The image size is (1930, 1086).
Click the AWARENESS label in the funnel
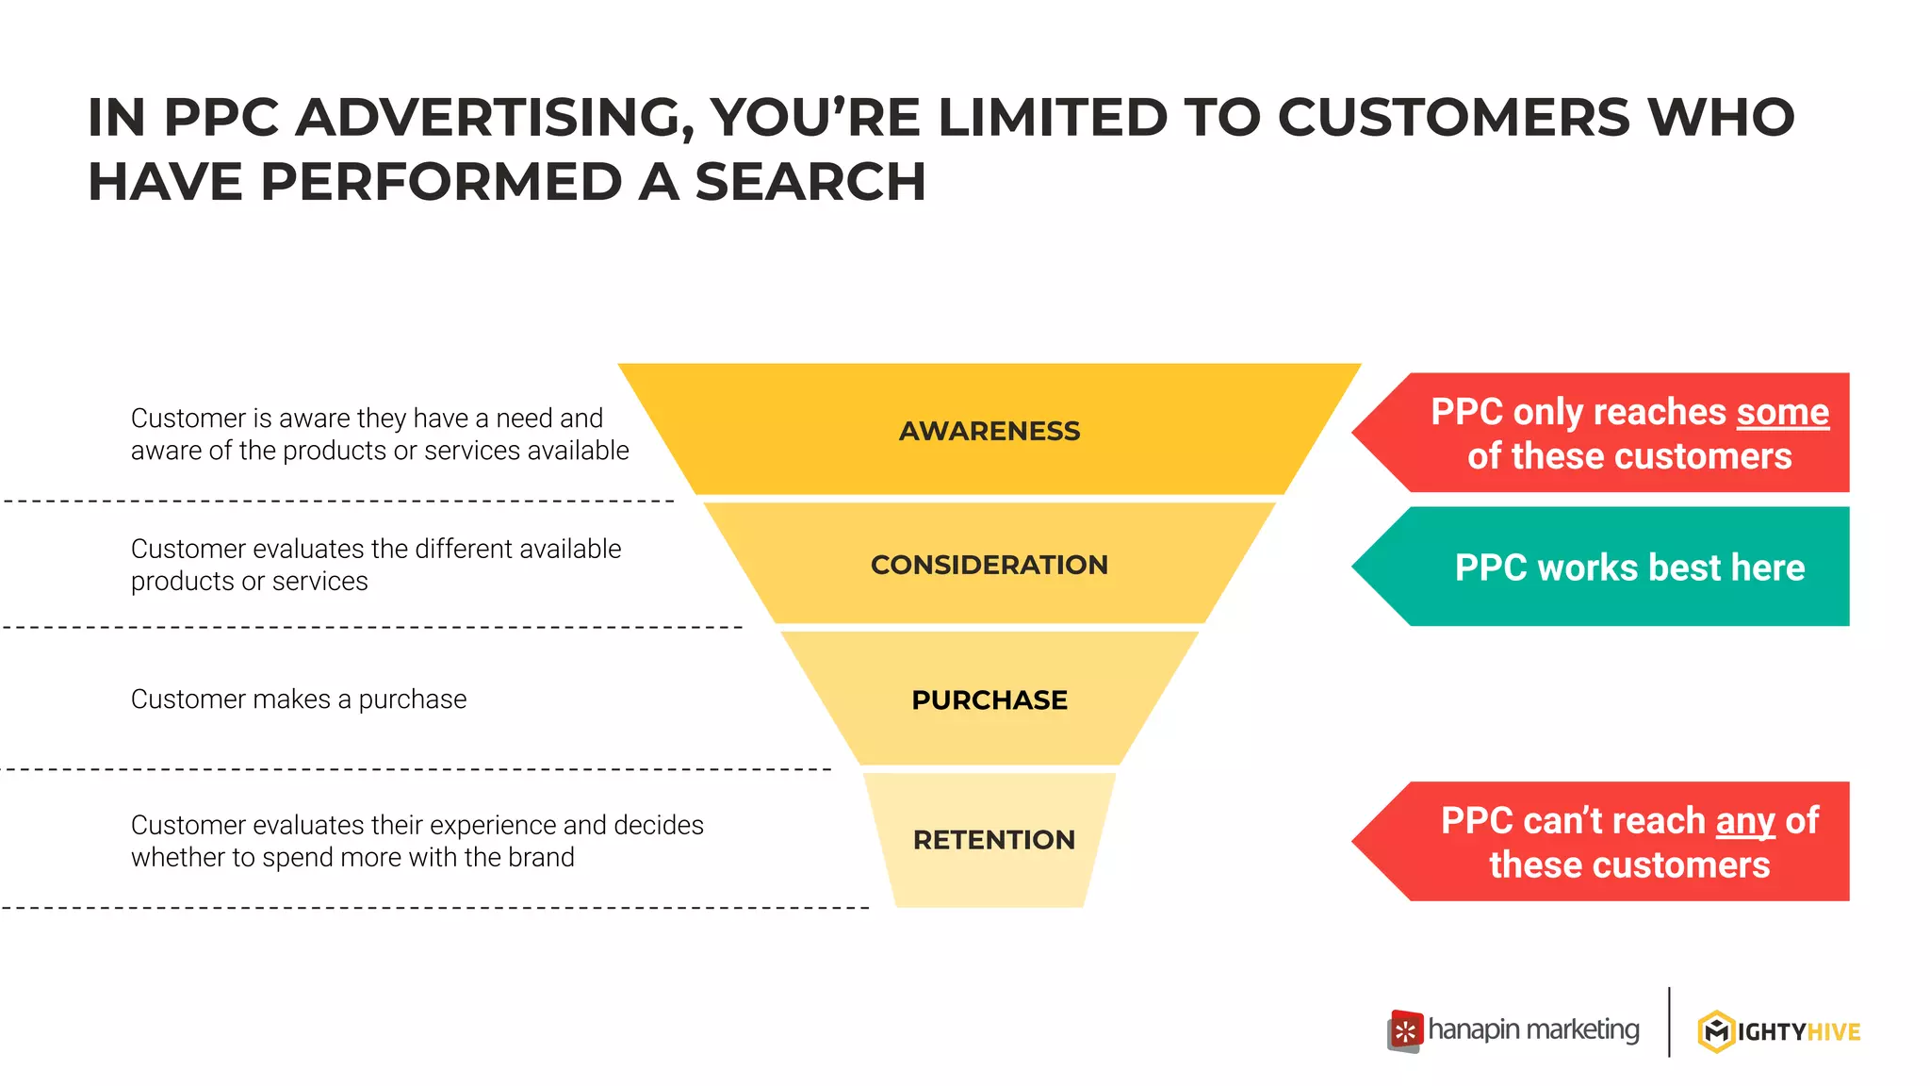(x=990, y=431)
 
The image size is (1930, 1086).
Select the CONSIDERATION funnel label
(x=990, y=565)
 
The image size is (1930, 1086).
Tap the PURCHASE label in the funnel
(x=990, y=700)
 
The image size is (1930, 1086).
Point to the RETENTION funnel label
(x=993, y=840)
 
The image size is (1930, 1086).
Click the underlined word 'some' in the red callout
(x=1782, y=413)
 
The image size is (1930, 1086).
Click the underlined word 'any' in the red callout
(x=1744, y=821)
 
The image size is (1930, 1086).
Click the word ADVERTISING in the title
(x=494, y=118)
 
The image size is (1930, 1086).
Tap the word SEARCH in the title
(x=810, y=182)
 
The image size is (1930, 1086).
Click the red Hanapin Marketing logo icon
(x=1405, y=1031)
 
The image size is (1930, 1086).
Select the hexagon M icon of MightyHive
(x=1716, y=1031)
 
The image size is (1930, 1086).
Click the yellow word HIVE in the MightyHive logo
(x=1834, y=1032)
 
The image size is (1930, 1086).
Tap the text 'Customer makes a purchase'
(x=299, y=699)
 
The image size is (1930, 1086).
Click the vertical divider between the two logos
(x=1669, y=1022)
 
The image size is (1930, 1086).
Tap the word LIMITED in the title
(x=1053, y=118)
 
